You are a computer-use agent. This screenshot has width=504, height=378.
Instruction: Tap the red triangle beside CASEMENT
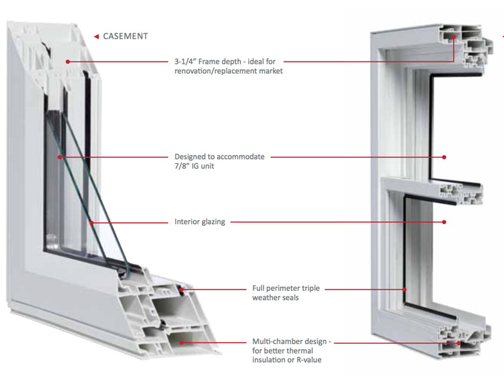coord(96,36)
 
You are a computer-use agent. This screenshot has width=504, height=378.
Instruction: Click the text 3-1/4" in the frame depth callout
coord(188,61)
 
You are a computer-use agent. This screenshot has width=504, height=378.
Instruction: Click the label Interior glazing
coord(199,221)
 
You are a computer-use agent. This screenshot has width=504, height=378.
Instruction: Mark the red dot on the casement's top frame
coord(67,61)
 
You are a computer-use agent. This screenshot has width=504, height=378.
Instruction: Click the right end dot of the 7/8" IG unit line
coord(445,156)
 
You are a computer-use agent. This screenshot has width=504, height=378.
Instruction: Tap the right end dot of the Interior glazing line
coord(445,221)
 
